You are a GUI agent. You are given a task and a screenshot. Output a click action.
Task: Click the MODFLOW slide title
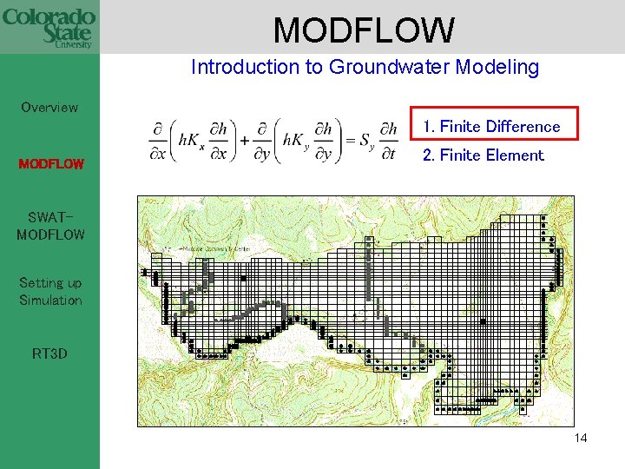[x=364, y=30]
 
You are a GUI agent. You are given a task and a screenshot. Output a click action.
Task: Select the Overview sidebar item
[x=49, y=108]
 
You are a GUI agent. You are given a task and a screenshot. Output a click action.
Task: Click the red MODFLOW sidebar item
[x=51, y=163]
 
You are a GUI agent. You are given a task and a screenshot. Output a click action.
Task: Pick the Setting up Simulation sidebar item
[x=50, y=292]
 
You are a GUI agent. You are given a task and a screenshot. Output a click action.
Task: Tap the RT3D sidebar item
[x=50, y=354]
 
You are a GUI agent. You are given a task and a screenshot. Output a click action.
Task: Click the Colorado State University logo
[x=49, y=28]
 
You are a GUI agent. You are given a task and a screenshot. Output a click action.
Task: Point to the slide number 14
[x=581, y=438]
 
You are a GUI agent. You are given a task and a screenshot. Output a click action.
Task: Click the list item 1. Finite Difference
[x=491, y=127]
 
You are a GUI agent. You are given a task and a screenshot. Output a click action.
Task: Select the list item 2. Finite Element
[x=483, y=155]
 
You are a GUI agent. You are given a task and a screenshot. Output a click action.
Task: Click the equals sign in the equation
[x=350, y=141]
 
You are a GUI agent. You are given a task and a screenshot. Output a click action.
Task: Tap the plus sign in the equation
[x=247, y=141]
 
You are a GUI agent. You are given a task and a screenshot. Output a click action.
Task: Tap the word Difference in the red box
[x=523, y=127]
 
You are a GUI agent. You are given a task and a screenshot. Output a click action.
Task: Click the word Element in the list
[x=515, y=155]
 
